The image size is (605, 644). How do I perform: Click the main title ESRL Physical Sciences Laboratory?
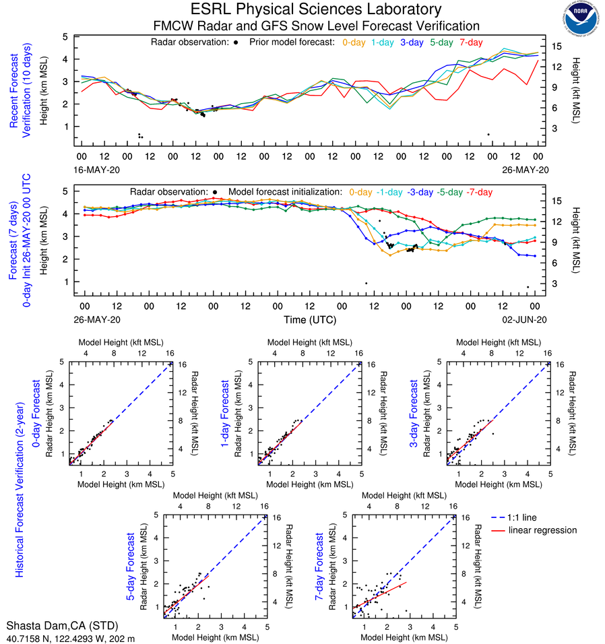(x=316, y=9)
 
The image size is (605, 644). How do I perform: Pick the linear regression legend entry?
(x=543, y=530)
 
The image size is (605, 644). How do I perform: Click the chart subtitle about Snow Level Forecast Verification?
(x=316, y=26)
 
